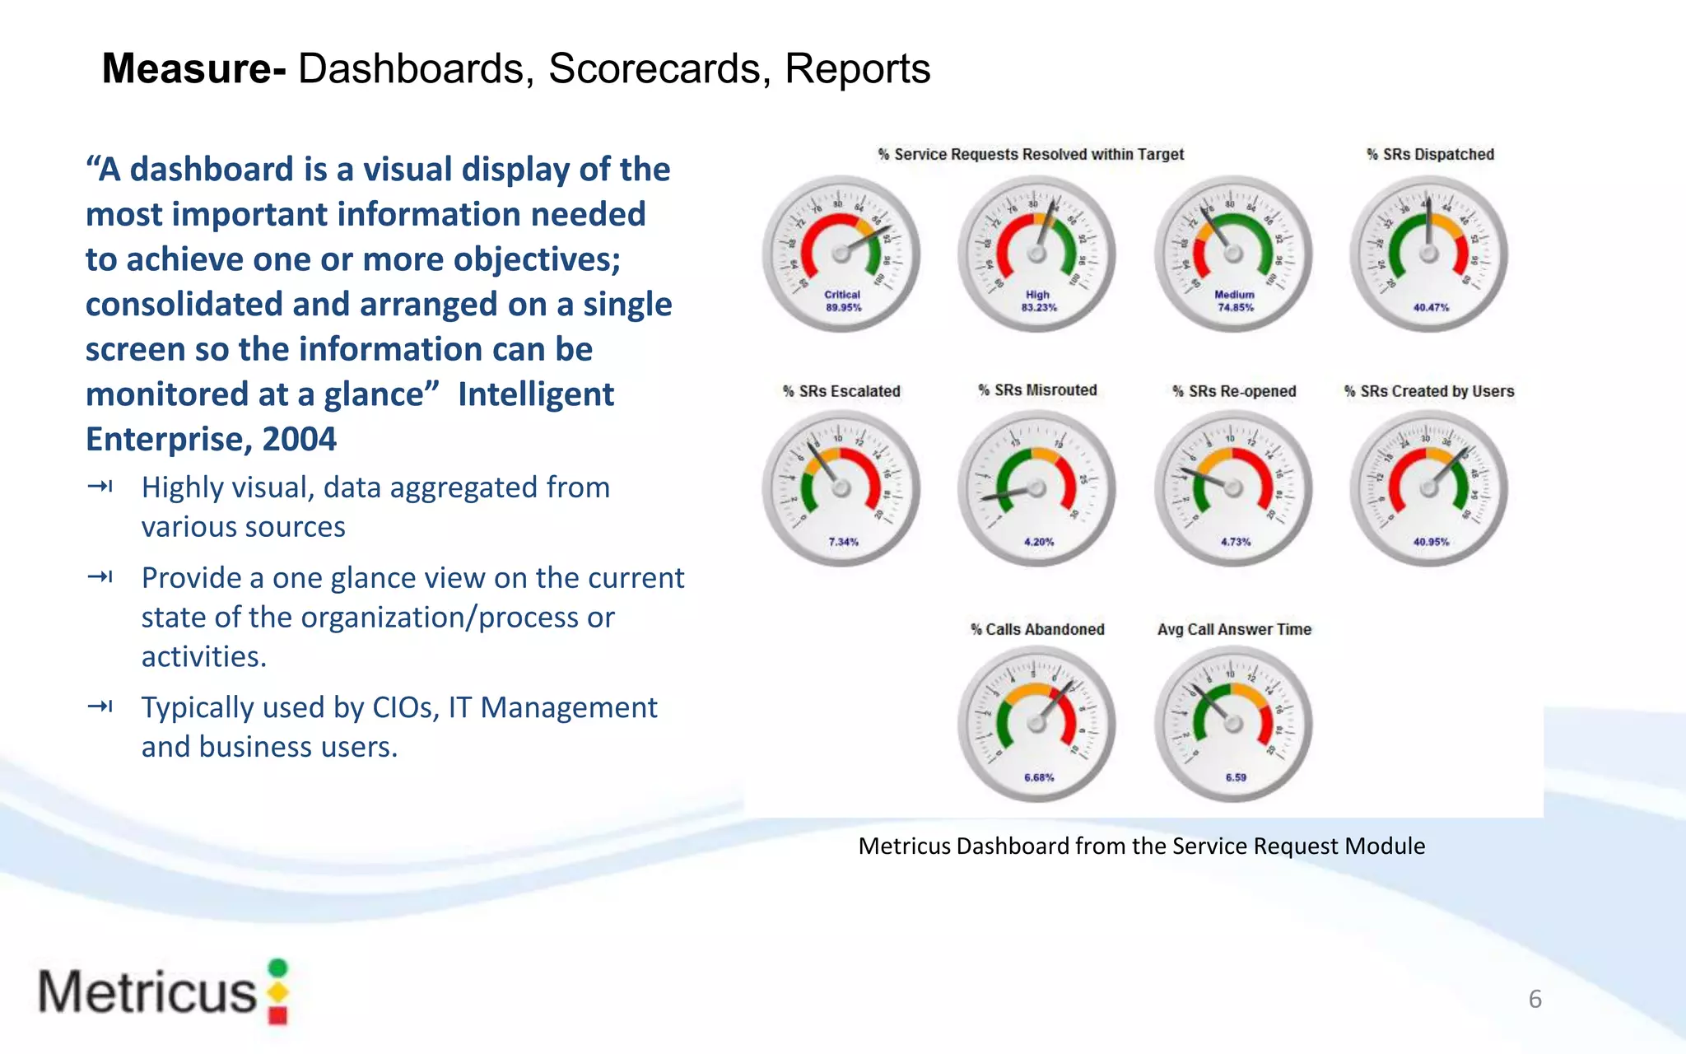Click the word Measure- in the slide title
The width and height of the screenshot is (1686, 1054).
click(x=193, y=68)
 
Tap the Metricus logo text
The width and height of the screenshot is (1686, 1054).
click(x=148, y=992)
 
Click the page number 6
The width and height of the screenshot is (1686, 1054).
click(x=1535, y=999)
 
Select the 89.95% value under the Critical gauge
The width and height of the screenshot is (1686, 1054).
click(x=843, y=308)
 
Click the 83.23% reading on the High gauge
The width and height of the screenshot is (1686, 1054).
click(x=1039, y=308)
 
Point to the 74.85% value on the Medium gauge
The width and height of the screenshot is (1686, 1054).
click(x=1236, y=308)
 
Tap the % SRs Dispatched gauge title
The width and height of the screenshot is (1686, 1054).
click(x=1430, y=154)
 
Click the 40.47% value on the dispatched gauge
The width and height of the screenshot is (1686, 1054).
click(x=1431, y=308)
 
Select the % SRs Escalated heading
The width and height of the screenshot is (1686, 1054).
click(x=841, y=391)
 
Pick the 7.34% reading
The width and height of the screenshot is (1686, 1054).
click(x=843, y=542)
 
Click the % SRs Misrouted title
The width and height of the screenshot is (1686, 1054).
click(x=1037, y=390)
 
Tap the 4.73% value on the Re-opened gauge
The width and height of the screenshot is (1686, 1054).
click(x=1236, y=542)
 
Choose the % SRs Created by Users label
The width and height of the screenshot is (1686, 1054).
click(x=1429, y=391)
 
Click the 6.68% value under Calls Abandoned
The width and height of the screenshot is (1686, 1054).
click(x=1039, y=777)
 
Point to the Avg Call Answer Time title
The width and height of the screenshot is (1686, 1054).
click(x=1234, y=629)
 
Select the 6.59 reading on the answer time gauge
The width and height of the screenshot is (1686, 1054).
click(x=1236, y=777)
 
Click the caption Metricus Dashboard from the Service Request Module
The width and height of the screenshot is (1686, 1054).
click(x=1141, y=846)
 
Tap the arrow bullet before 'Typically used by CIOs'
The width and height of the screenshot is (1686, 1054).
click(x=100, y=707)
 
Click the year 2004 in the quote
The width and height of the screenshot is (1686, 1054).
click(x=300, y=439)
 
